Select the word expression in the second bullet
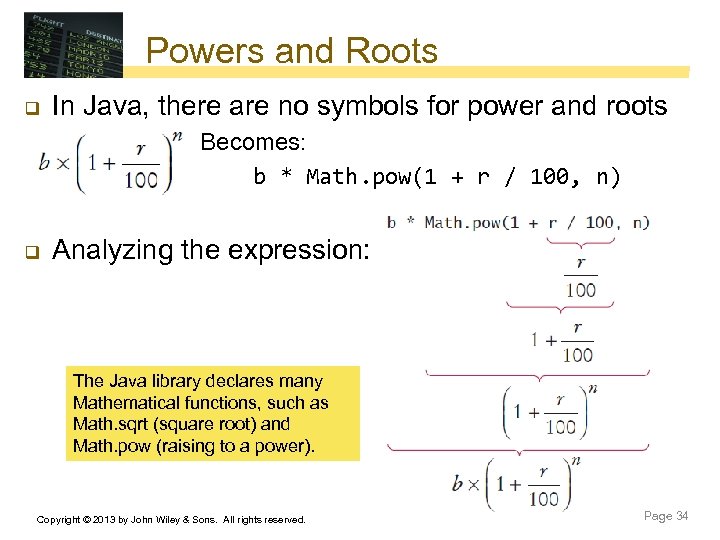(x=300, y=250)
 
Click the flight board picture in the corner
(x=73, y=45)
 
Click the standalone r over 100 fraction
(x=580, y=278)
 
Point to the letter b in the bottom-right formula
(x=457, y=484)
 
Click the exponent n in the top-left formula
(x=177, y=137)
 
